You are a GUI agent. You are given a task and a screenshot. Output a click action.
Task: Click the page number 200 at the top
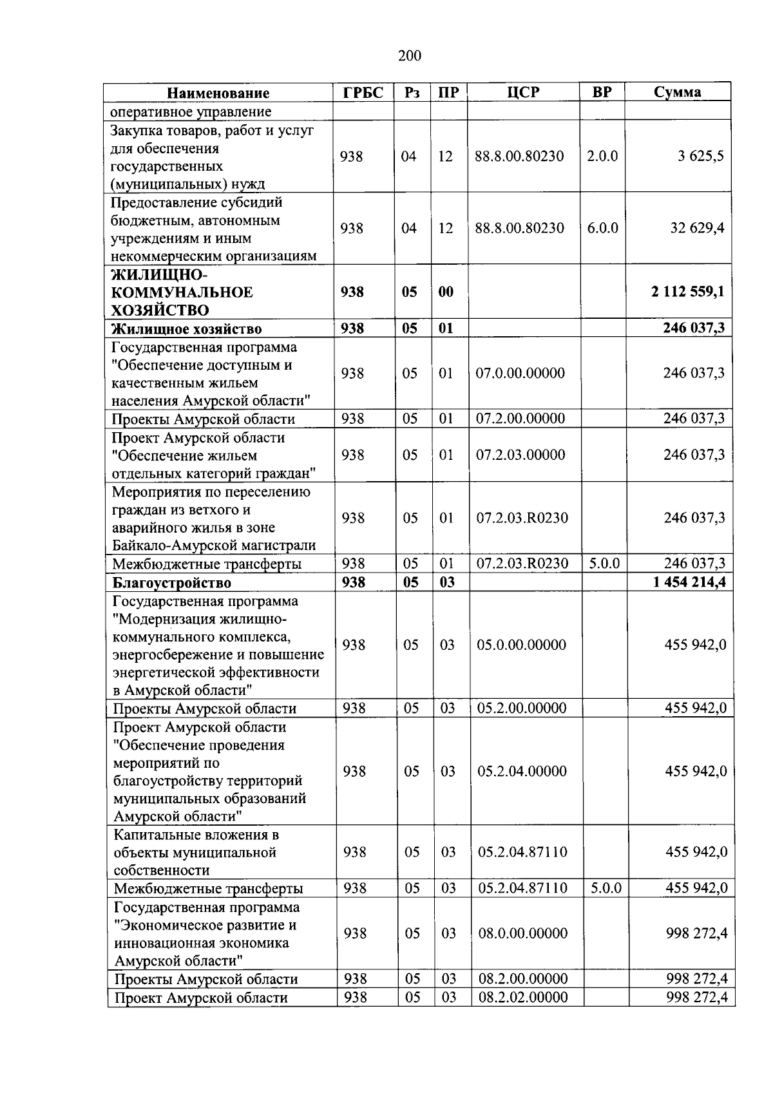410,56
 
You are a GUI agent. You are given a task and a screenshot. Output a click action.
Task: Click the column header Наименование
218,93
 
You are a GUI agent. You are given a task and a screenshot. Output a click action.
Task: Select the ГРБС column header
363,92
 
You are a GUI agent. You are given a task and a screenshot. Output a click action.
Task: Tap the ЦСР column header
523,92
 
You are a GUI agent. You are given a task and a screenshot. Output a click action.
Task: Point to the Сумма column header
678,92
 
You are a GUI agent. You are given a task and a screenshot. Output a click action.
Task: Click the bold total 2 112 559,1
687,292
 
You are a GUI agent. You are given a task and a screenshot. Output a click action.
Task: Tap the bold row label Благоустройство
172,583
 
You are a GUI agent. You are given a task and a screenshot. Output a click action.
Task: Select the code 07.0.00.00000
520,373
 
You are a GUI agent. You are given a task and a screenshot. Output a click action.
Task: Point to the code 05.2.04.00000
522,771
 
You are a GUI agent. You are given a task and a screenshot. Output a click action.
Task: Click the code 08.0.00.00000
523,933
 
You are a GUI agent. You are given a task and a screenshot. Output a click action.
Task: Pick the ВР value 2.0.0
602,157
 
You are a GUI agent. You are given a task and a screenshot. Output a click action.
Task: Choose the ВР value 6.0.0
602,228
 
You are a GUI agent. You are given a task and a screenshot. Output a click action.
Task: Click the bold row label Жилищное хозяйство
187,329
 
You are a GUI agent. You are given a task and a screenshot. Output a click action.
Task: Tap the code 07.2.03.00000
520,455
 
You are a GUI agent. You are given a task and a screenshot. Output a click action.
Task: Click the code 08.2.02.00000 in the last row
524,998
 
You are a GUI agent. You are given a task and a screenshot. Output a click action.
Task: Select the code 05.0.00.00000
522,645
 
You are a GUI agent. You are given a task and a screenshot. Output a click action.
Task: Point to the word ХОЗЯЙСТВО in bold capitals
160,310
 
